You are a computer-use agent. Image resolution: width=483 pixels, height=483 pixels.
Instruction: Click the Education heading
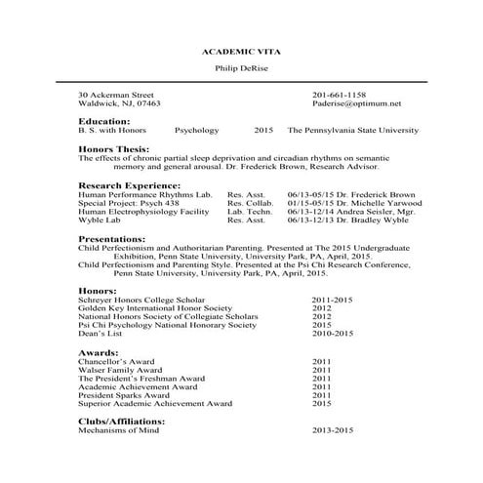(103, 120)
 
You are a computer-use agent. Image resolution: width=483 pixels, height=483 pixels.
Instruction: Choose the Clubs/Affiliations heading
(121, 421)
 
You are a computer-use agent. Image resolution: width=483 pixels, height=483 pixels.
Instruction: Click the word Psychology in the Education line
(197, 129)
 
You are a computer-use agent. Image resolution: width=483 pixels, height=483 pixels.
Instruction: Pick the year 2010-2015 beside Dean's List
(335, 334)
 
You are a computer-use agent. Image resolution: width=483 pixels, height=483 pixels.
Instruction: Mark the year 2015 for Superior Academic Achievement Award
(322, 403)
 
